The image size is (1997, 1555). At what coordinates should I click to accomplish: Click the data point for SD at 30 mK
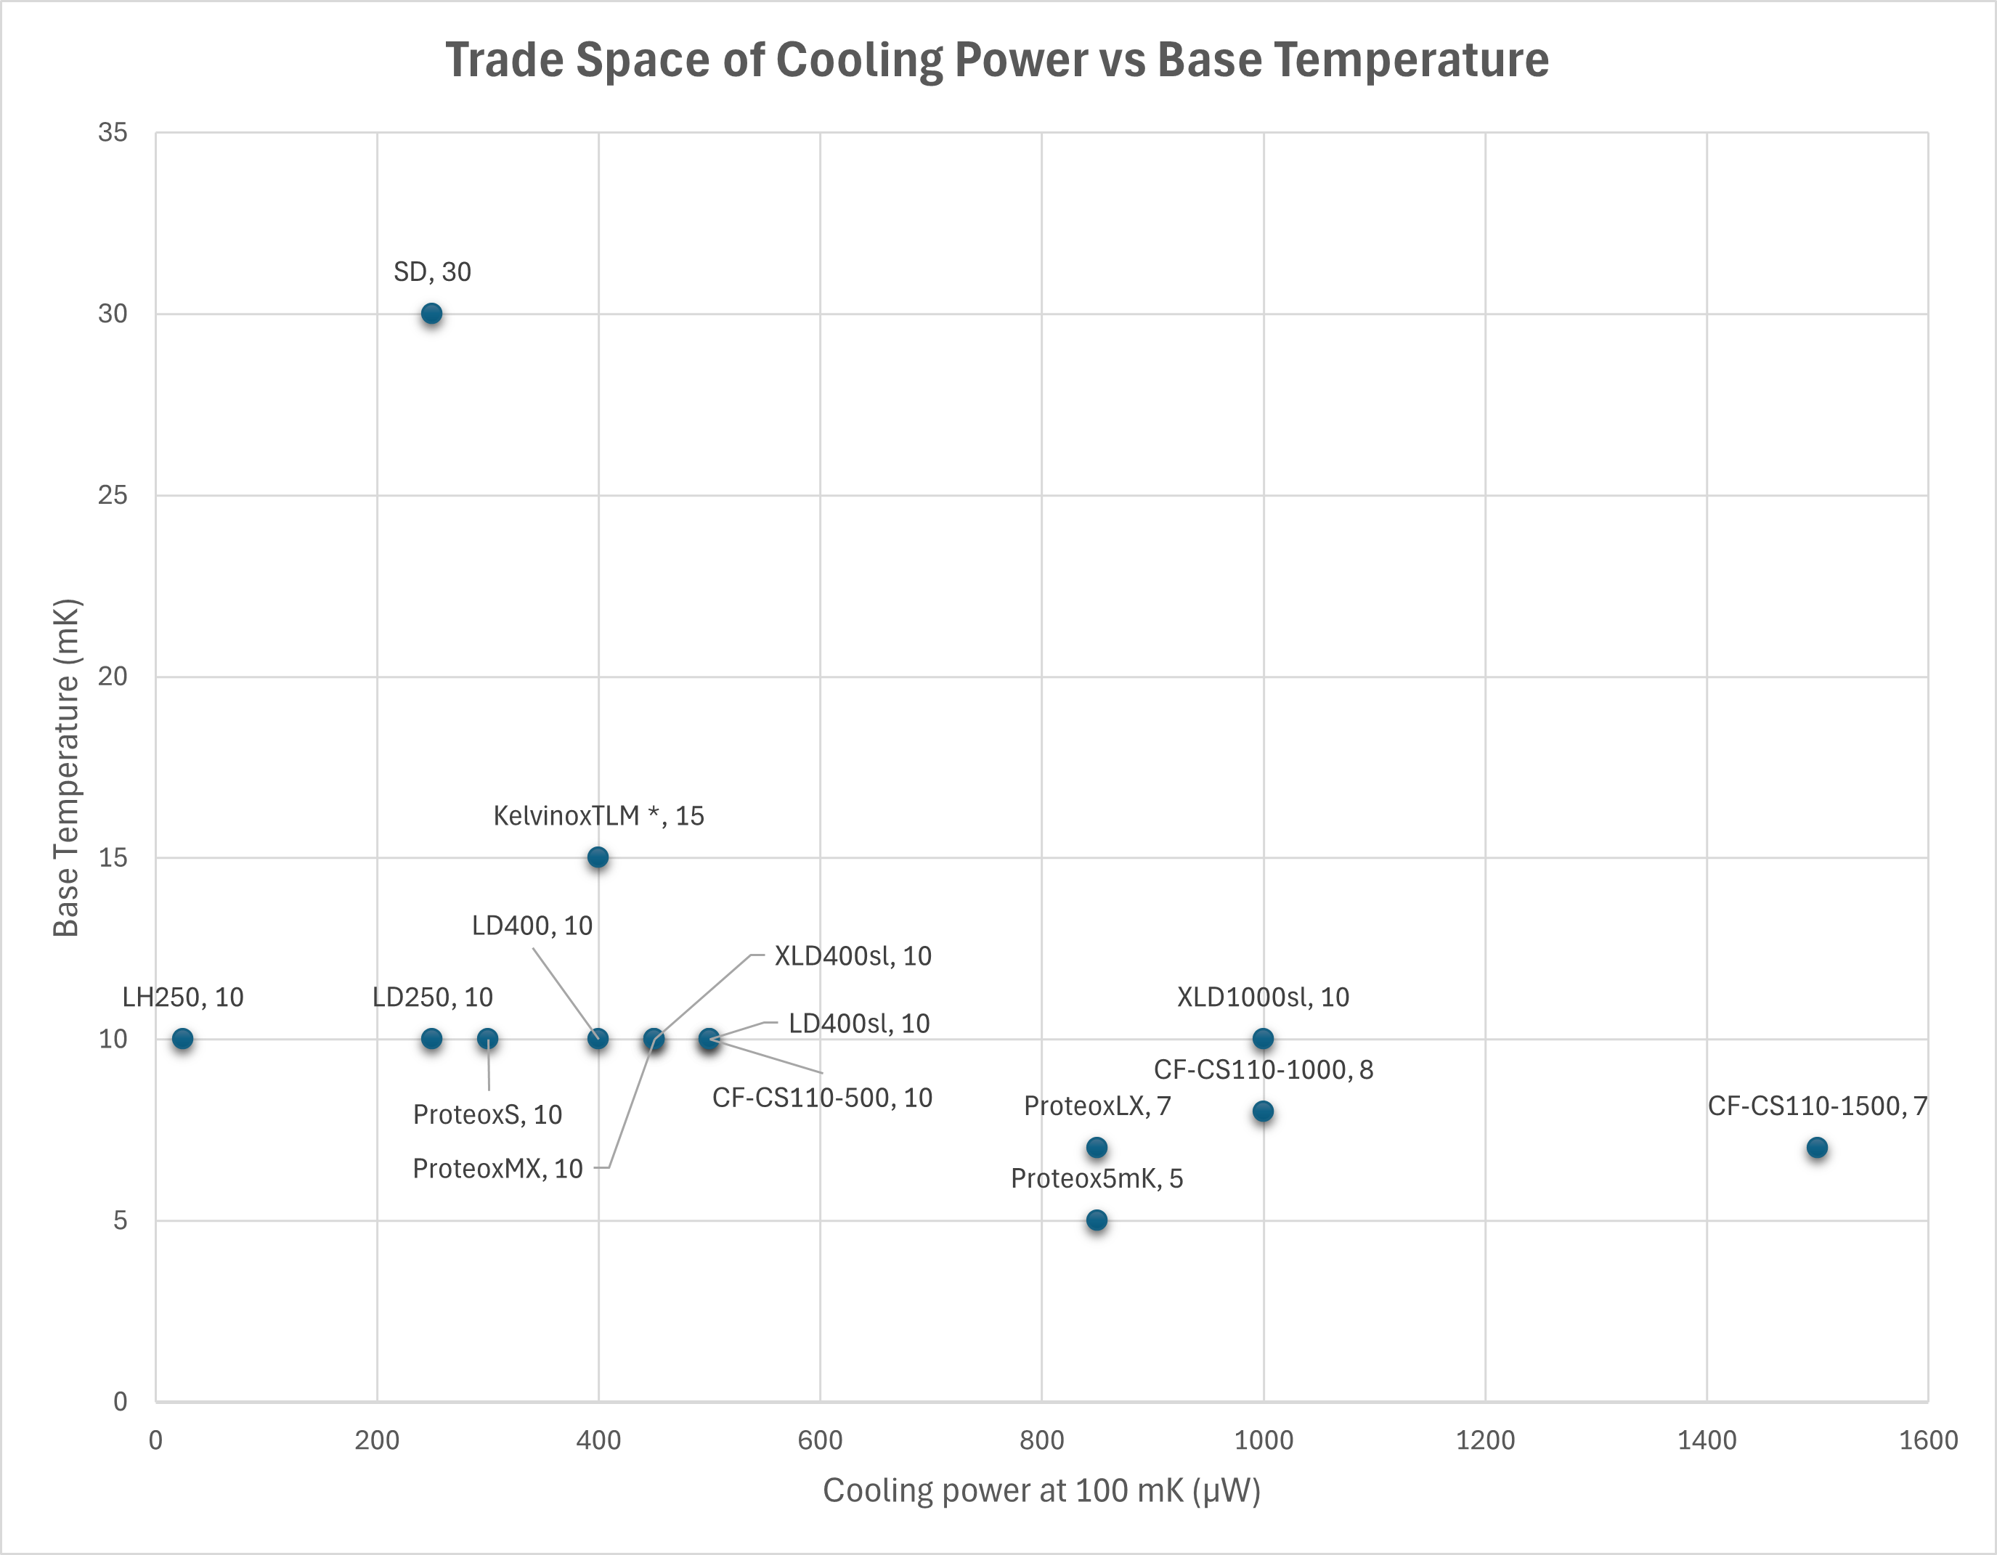[x=431, y=314]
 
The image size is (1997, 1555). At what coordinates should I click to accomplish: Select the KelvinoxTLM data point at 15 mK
[x=598, y=857]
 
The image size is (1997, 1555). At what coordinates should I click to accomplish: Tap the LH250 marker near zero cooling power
[x=183, y=1040]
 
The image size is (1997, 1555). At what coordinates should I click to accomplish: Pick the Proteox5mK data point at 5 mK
[x=1097, y=1220]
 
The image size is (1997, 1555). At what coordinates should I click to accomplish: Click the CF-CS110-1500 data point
[x=1817, y=1148]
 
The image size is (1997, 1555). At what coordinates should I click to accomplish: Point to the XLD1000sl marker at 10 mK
[x=1263, y=1040]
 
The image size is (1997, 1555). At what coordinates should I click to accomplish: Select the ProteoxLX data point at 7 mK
[x=1097, y=1148]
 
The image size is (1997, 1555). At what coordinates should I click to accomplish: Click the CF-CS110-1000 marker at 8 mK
[x=1263, y=1111]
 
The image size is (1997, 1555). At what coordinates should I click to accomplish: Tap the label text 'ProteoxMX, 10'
[x=497, y=1168]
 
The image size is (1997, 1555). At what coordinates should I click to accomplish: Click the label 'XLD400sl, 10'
[x=853, y=956]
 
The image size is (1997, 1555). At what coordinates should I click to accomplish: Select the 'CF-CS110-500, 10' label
[x=822, y=1098]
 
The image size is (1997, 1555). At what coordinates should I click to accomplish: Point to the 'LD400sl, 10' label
[x=858, y=1024]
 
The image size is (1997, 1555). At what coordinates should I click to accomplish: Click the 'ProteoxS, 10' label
[x=487, y=1114]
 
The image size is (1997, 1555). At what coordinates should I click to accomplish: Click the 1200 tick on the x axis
[x=1485, y=1441]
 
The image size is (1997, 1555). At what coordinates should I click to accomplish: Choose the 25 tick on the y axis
[x=113, y=496]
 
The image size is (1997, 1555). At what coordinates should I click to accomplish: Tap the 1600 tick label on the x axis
[x=1927, y=1441]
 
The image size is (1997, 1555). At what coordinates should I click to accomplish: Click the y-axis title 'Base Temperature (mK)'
[x=67, y=768]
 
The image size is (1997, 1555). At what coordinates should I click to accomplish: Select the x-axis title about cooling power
[x=1041, y=1491]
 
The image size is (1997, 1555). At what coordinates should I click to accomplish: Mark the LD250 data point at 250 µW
[x=431, y=1040]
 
